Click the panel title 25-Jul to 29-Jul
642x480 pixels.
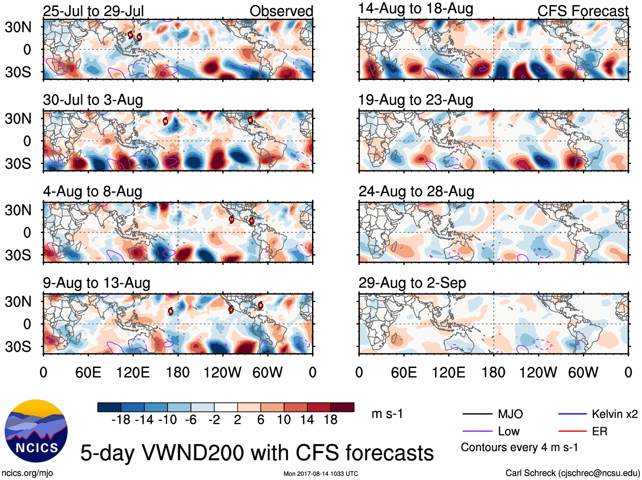[x=93, y=11]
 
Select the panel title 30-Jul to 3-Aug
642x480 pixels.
[x=93, y=100]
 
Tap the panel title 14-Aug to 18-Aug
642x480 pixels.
[x=415, y=9]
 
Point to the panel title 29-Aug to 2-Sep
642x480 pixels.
[x=412, y=283]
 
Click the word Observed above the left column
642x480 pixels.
[x=281, y=11]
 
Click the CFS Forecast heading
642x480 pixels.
[x=582, y=11]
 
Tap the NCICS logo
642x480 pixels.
[x=36, y=431]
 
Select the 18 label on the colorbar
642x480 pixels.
[x=330, y=420]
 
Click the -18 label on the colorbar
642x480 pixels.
[x=121, y=420]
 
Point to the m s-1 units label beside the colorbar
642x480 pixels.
[x=387, y=414]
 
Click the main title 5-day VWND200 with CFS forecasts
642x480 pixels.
[x=257, y=453]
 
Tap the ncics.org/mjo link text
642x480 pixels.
[x=27, y=473]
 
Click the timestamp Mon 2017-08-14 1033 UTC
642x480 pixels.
[x=321, y=474]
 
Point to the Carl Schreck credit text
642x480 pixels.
[x=572, y=473]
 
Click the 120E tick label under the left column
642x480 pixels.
[x=133, y=373]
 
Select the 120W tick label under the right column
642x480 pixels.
[x=538, y=373]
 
